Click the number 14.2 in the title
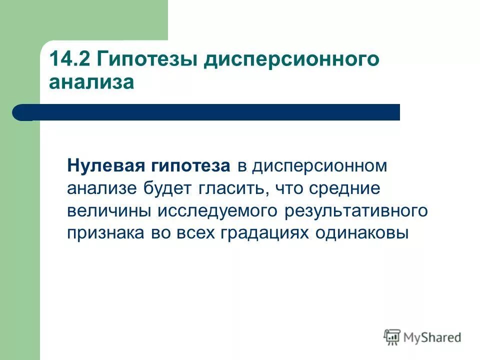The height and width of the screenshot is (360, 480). [69, 60]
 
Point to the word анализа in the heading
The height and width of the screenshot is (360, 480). [91, 82]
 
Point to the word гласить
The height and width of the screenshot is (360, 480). [226, 189]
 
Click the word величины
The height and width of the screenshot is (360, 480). [109, 211]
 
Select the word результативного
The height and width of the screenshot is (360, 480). [356, 211]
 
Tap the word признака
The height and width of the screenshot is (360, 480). [104, 233]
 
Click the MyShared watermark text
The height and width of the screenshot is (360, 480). [433, 337]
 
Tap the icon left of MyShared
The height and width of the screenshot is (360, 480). [392, 337]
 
